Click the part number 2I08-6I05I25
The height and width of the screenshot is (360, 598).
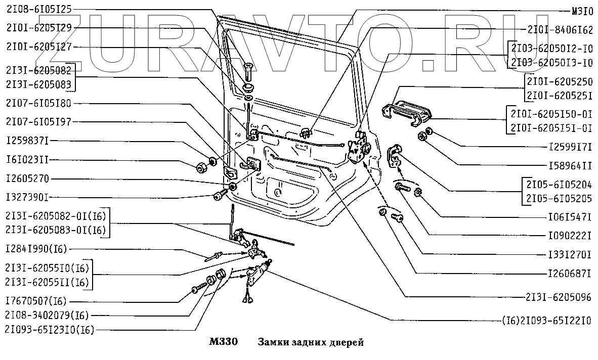click(x=39, y=9)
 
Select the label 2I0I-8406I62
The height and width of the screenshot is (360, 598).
click(x=560, y=30)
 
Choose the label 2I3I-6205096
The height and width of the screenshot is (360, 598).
click(x=559, y=297)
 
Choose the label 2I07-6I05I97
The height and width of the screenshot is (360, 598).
click(x=39, y=122)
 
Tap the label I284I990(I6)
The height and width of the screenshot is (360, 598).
click(x=36, y=249)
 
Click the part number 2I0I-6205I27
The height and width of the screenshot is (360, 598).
click(x=39, y=47)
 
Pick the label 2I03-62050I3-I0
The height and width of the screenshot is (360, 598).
click(x=552, y=63)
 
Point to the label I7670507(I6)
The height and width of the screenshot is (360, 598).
click(x=36, y=301)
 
